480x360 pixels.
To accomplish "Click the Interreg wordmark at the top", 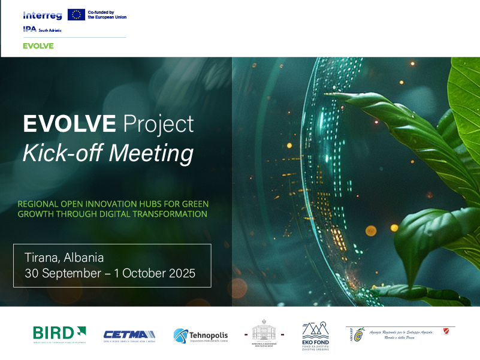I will pyautogui.click(x=43, y=15).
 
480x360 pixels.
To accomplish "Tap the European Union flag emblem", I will pyautogui.click(x=76, y=14).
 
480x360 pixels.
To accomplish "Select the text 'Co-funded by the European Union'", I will pyautogui.click(x=107, y=14).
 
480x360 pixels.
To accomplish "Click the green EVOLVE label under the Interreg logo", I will pyautogui.click(x=38, y=46).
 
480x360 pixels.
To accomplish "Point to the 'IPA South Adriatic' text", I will pyautogui.click(x=42, y=29).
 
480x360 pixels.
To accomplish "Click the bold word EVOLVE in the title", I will pyautogui.click(x=70, y=123).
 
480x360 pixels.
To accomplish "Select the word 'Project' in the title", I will pyautogui.click(x=158, y=123).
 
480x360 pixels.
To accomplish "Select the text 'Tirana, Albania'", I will pyautogui.click(x=64, y=258).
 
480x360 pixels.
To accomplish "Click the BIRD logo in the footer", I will pyautogui.click(x=59, y=333).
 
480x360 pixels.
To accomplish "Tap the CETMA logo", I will pyautogui.click(x=129, y=335).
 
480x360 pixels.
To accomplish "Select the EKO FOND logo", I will pyautogui.click(x=315, y=335).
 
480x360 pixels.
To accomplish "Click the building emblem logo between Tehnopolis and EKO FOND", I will pyautogui.click(x=264, y=333).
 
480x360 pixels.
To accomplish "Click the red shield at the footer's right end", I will pyautogui.click(x=444, y=331).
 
